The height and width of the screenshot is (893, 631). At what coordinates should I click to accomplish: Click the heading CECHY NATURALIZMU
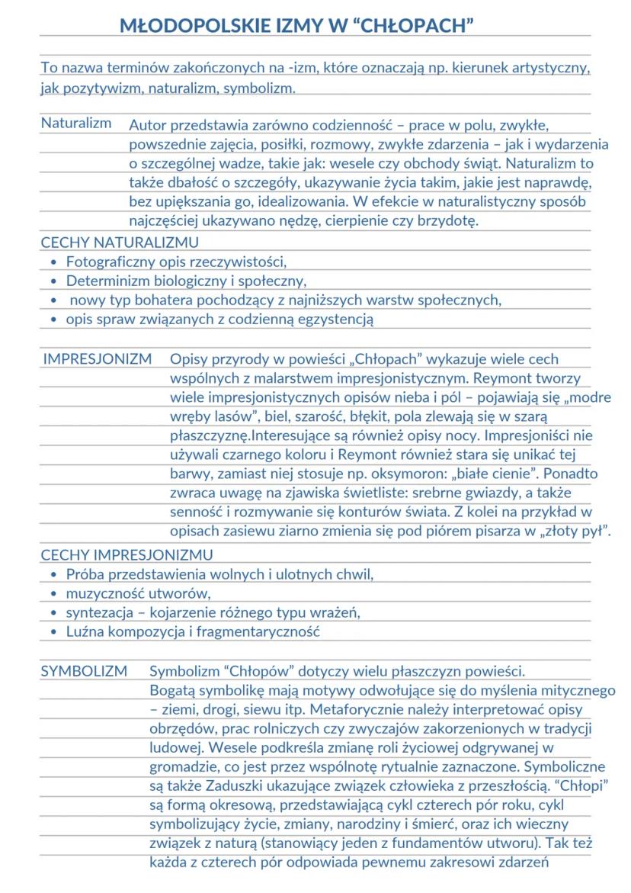(120, 243)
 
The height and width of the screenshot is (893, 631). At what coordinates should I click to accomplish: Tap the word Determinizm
(102, 281)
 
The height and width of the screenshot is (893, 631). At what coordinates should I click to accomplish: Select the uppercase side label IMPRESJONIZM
(97, 358)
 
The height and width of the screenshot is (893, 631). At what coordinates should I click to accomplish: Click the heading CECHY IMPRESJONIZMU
(127, 554)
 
